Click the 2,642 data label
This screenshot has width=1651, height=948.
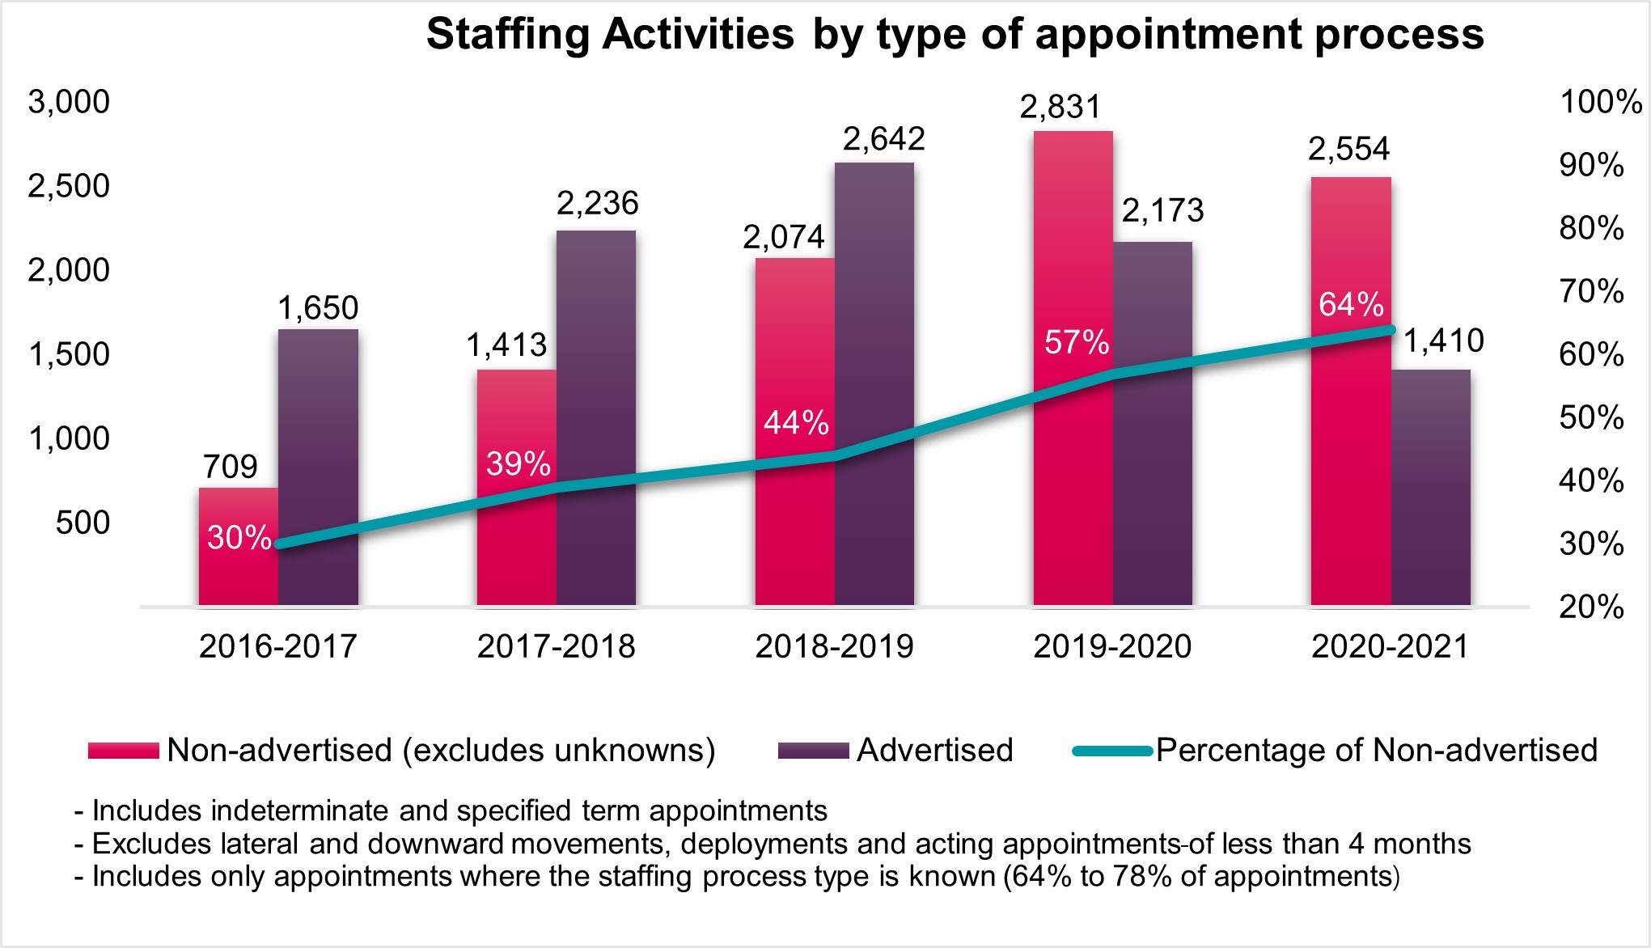(883, 139)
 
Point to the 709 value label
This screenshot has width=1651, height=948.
(231, 467)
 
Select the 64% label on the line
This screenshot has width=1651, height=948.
(1351, 304)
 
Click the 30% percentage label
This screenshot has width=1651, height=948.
(239, 538)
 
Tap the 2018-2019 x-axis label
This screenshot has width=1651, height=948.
(834, 646)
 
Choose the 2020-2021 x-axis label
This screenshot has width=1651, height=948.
(1390, 646)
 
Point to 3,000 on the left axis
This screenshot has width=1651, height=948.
(69, 102)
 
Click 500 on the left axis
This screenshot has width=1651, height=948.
(83, 523)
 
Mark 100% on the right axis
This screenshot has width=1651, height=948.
(1600, 102)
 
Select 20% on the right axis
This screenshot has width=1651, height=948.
(1591, 607)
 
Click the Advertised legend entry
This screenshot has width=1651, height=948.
(934, 751)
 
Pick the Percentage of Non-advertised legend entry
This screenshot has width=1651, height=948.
(1376, 751)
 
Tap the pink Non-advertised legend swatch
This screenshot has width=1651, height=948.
(123, 751)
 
